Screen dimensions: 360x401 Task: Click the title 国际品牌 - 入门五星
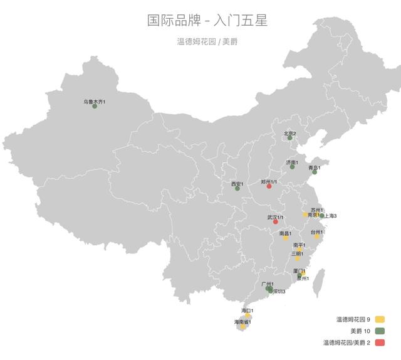point(207,21)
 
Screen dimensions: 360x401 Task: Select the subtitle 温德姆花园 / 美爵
point(207,42)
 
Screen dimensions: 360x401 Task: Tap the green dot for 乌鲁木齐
point(95,106)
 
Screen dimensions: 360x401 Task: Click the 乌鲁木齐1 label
point(95,100)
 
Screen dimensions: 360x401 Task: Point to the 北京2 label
point(290,133)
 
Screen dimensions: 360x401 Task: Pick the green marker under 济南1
point(292,167)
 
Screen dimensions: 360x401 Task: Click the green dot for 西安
point(237,188)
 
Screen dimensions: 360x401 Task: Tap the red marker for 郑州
point(269,186)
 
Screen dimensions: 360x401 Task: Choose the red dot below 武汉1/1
point(275,222)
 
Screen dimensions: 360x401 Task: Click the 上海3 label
point(330,216)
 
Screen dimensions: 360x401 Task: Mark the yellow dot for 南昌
point(286,238)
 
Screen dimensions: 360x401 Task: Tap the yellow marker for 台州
point(317,236)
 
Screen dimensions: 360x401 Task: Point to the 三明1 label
point(298,254)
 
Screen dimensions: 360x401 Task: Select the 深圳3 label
point(278,292)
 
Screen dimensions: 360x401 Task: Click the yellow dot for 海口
point(247,315)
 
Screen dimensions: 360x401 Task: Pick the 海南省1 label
point(242,322)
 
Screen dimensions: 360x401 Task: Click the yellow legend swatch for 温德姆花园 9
point(380,319)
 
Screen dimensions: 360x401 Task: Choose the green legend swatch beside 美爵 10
point(380,331)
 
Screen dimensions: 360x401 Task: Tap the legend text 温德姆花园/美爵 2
point(347,342)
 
